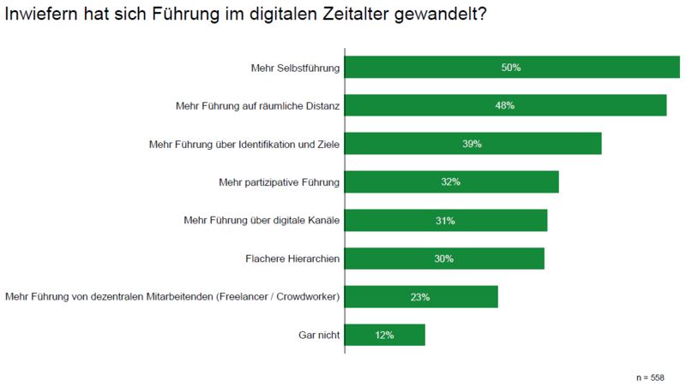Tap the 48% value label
[504, 105]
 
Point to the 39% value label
[472, 144]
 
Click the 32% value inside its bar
[451, 182]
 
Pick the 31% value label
[445, 221]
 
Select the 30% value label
[443, 258]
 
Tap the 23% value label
[420, 297]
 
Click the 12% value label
[384, 336]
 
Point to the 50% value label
[511, 67]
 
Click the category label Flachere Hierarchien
[293, 258]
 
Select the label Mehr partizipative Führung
[280, 182]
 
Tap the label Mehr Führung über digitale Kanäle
[262, 221]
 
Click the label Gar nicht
[317, 336]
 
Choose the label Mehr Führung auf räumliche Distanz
[258, 105]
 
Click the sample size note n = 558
[649, 377]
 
